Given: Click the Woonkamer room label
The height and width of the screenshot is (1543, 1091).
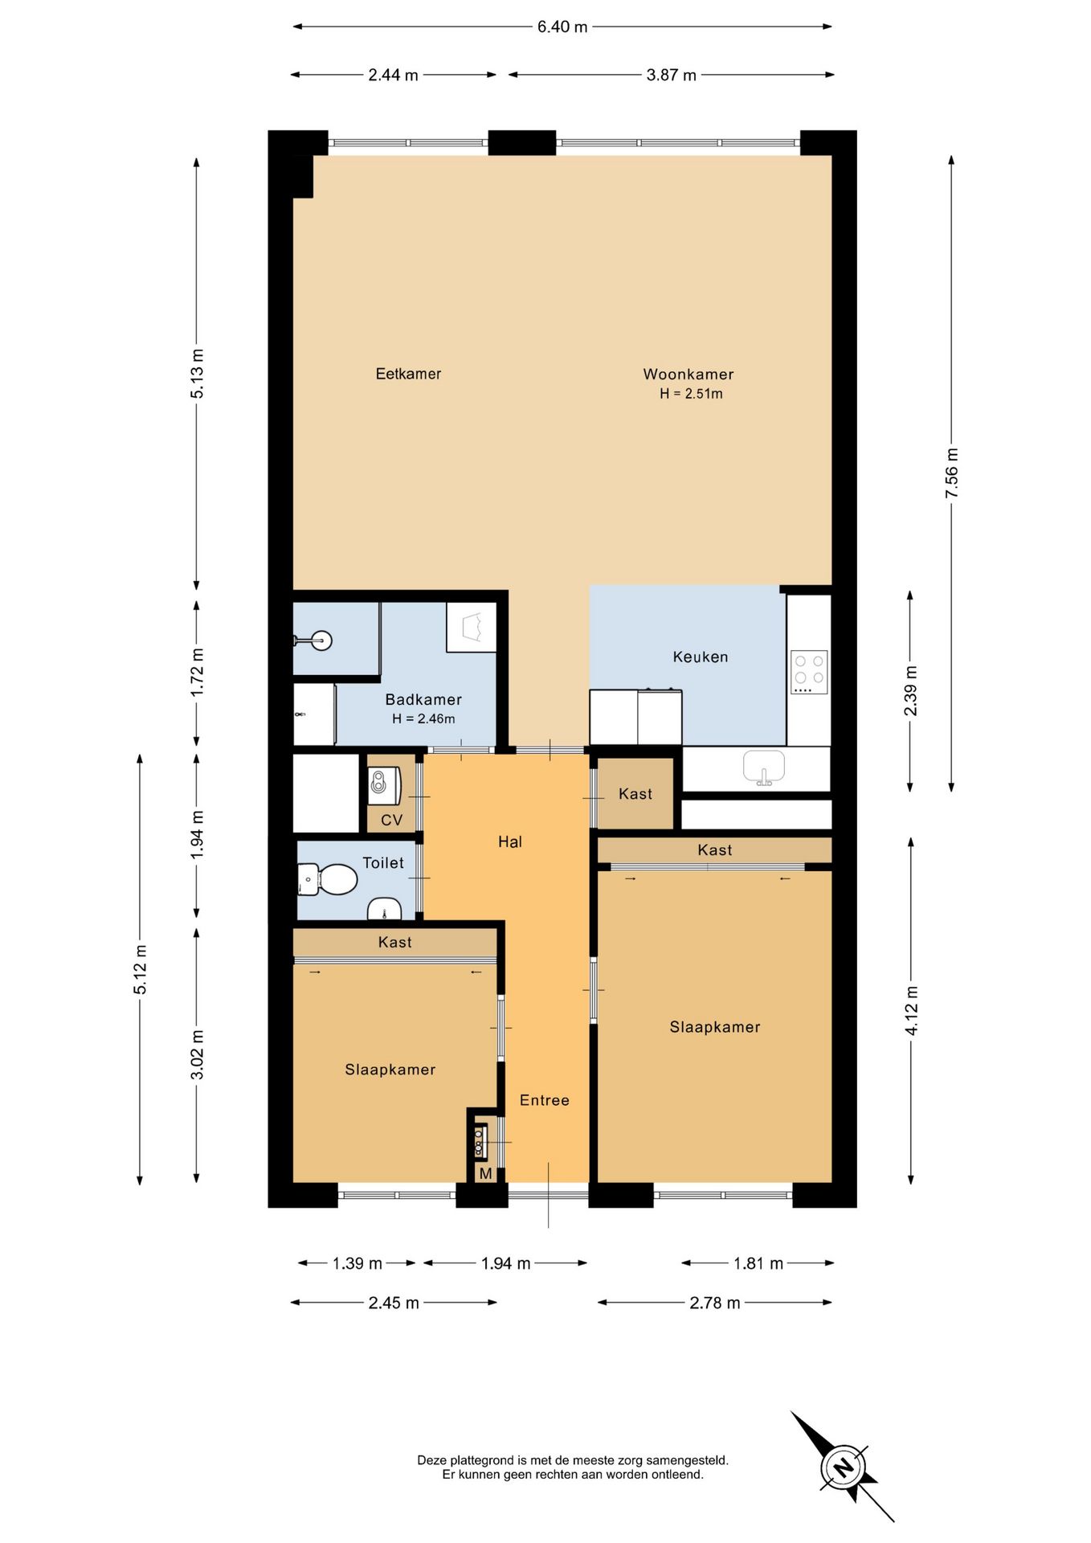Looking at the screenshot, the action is coord(688,374).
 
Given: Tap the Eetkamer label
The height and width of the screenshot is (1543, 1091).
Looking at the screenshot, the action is coord(408,374).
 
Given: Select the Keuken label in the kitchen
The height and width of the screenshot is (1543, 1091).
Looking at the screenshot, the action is coord(701,657).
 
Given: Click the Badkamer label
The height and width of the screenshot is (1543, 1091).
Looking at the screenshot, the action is coord(423,699).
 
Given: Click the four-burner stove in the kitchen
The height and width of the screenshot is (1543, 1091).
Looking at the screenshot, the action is coord(809,673).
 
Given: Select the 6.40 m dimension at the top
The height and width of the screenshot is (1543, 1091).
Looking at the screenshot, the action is coord(562,27).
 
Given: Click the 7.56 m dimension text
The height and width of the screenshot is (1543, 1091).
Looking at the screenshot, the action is coord(952,473).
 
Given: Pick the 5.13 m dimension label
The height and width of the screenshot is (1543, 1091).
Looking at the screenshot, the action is coord(197,373).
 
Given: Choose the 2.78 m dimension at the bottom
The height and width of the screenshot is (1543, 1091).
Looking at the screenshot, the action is coord(715,1303).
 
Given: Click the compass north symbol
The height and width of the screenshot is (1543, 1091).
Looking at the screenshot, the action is coord(843,1466).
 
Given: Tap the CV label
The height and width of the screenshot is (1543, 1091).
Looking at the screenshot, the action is coord(391,820).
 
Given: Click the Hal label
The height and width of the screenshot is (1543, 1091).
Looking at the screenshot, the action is coord(510,841).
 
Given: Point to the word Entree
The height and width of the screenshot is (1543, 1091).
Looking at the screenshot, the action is coord(545,1100).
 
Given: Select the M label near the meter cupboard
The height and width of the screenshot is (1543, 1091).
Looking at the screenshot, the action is coord(485,1174).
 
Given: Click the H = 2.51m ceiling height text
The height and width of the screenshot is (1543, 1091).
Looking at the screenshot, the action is coord(691,394).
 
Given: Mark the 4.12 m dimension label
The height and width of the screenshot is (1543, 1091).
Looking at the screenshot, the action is coord(912,1010).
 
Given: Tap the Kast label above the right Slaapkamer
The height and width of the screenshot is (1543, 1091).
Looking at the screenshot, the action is coord(715,849).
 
